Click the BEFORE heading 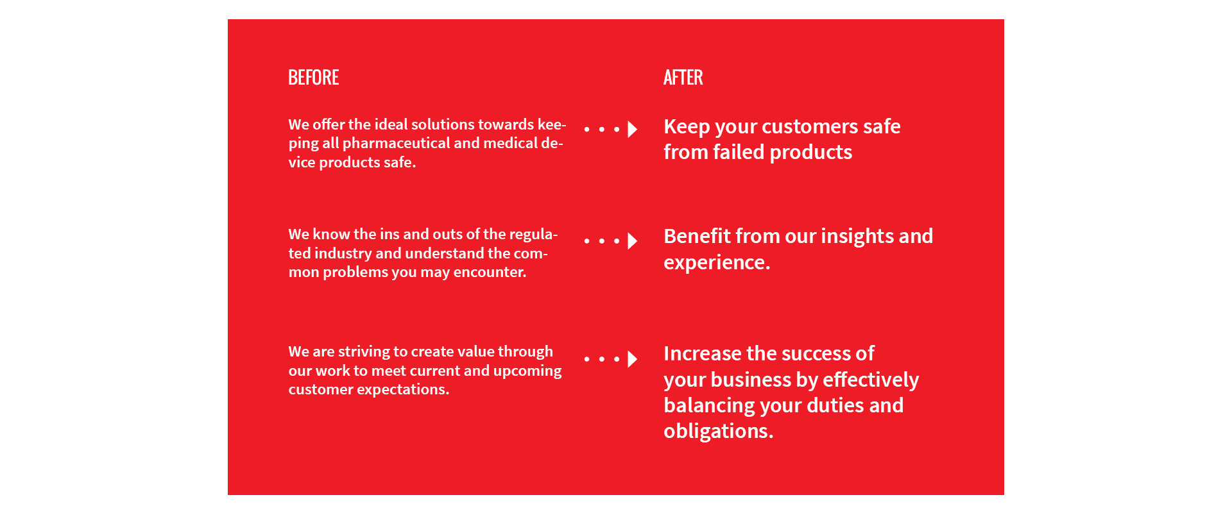[x=314, y=78]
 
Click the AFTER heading [x=683, y=78]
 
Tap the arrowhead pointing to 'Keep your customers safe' [x=633, y=129]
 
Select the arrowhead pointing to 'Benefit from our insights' [x=633, y=241]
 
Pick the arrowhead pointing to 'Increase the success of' [x=633, y=359]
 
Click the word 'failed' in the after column [x=739, y=152]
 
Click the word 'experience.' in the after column [x=717, y=263]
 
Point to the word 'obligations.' [x=719, y=431]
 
